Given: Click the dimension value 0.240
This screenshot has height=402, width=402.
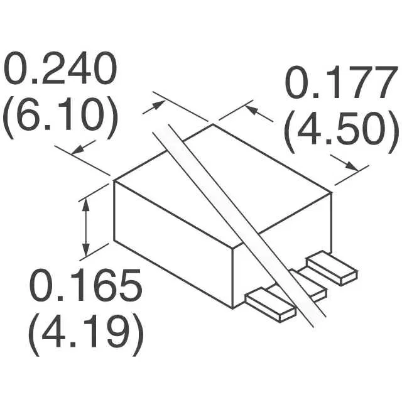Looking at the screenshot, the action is (60, 68).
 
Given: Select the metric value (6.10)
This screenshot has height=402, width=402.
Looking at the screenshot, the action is (60, 117).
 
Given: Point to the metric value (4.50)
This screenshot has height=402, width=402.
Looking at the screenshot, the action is (342, 132).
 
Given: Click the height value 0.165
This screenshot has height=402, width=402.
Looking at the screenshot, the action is (85, 285).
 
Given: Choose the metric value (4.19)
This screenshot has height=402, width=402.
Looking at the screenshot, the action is (85, 335).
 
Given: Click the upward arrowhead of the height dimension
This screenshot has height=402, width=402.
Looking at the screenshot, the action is (86, 205).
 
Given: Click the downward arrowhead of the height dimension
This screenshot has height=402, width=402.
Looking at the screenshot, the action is (86, 249).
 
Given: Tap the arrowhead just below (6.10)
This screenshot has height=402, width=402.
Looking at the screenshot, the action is (79, 149).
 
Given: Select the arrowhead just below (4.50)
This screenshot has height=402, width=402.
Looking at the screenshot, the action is (350, 166).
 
